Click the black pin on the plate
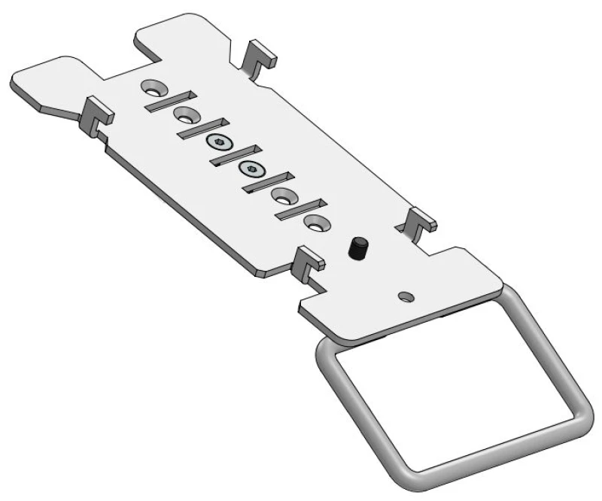coord(357,250)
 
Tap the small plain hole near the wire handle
coord(407,293)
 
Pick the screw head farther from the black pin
coord(219,142)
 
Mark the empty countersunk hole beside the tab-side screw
coord(185,114)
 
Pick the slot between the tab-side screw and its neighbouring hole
coord(202,128)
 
